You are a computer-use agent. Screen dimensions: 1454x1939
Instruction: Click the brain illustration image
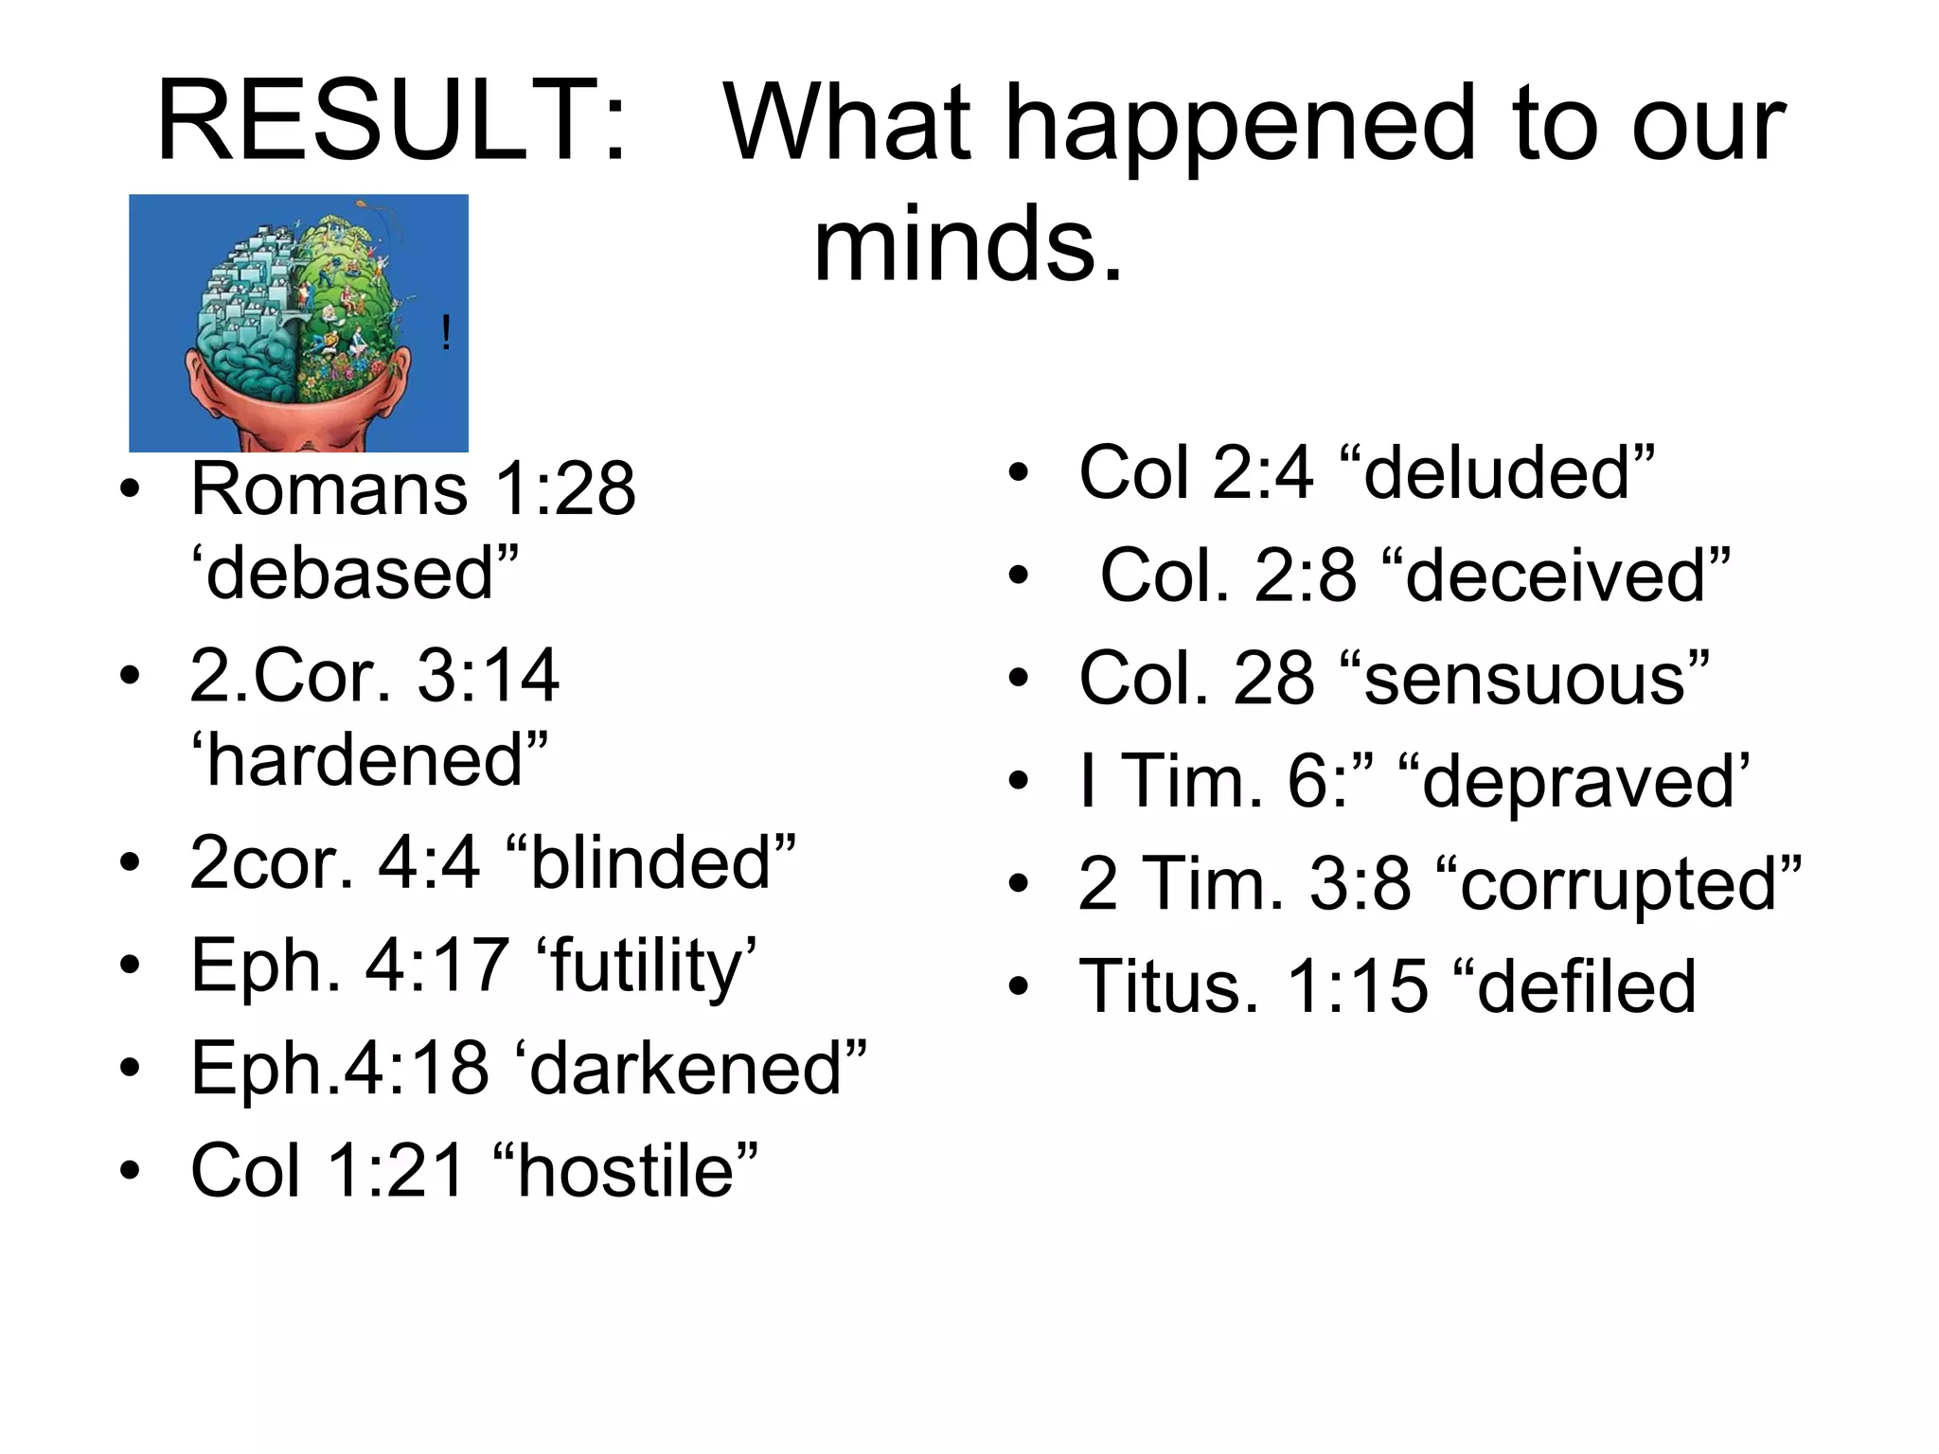pos(298,323)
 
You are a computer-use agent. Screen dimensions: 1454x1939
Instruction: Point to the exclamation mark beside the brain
pos(446,334)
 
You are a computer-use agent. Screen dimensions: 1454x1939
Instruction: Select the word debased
pos(356,574)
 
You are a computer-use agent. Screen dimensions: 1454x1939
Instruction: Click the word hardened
pos(369,760)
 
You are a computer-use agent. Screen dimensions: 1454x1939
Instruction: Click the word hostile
pos(626,1171)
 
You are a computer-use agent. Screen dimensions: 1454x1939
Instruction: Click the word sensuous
pos(1525,679)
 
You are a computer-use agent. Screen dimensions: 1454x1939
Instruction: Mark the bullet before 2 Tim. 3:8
pos(1019,885)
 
